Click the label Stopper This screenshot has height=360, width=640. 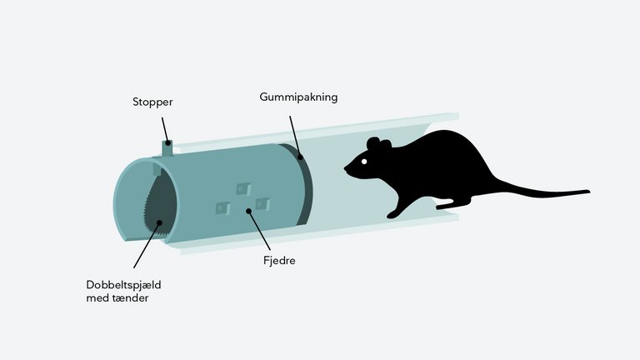click(152, 102)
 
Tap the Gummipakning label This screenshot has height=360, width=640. click(298, 97)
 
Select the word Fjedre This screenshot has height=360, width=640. click(279, 260)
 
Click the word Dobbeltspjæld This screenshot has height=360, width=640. click(123, 285)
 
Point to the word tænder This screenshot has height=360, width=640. click(131, 298)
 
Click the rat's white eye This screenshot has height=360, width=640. click(364, 162)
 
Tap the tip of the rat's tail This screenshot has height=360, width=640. click(589, 192)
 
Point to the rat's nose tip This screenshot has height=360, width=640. click(345, 167)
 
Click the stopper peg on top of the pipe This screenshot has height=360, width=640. click(167, 147)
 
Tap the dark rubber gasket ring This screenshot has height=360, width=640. click(301, 184)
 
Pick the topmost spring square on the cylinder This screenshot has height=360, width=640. click(243, 189)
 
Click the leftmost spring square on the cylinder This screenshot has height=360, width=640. click(222, 208)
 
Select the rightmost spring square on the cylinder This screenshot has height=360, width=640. click(262, 203)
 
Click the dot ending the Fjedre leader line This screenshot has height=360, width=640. click(248, 211)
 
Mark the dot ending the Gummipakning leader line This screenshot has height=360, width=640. click(300, 157)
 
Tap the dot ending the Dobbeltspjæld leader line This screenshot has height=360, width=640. click(160, 222)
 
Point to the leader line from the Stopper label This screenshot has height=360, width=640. click(165, 130)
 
